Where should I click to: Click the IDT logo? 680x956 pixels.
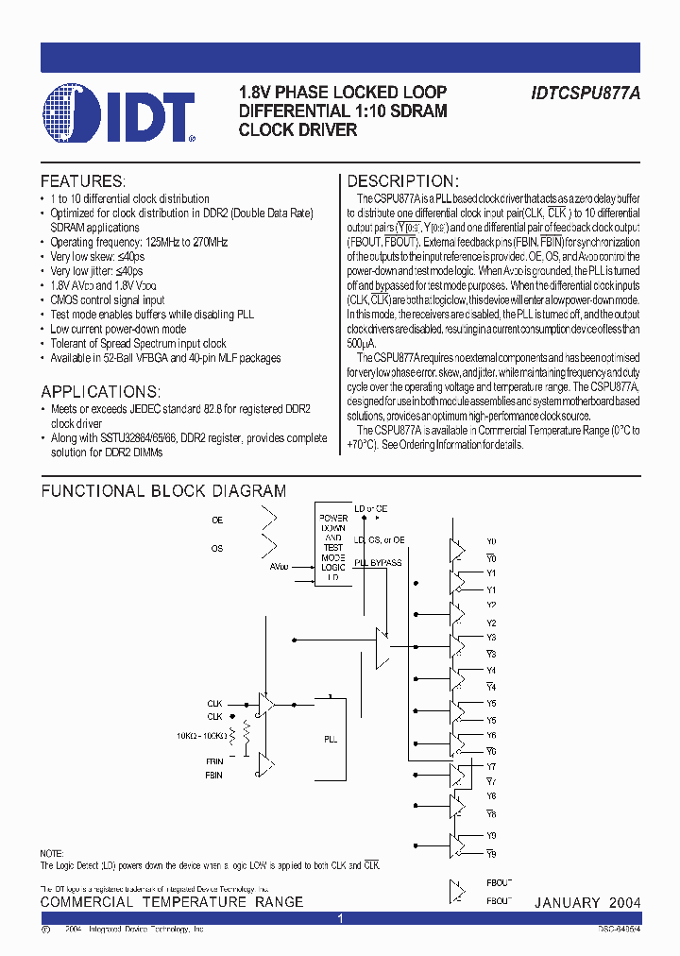click(x=118, y=114)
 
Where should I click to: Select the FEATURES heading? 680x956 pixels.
click(x=82, y=180)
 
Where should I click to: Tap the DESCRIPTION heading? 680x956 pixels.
click(x=403, y=180)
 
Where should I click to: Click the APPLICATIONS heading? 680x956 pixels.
click(x=100, y=391)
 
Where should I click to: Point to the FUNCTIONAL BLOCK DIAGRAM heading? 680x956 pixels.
click(x=162, y=491)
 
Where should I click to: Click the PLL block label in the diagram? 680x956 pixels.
click(x=331, y=740)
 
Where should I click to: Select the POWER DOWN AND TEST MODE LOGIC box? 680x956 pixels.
click(x=332, y=547)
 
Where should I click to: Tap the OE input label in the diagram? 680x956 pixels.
click(x=217, y=520)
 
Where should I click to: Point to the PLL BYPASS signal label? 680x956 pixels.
click(x=378, y=563)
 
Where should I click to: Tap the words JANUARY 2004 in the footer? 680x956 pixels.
click(x=587, y=903)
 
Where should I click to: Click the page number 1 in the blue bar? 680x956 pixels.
click(x=341, y=918)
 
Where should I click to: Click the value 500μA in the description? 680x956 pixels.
click(x=362, y=344)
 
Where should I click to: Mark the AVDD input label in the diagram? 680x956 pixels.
click(x=280, y=567)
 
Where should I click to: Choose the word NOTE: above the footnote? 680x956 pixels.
click(x=52, y=853)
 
